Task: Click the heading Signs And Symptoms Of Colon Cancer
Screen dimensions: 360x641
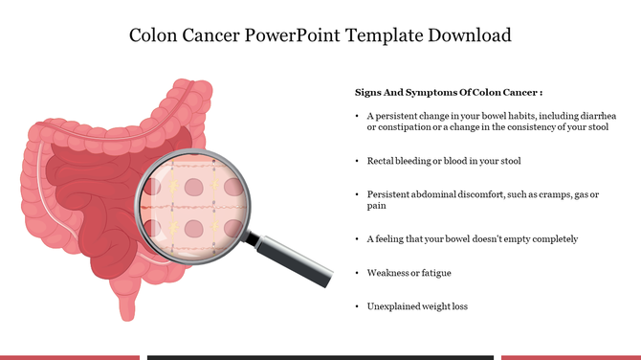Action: click(x=449, y=93)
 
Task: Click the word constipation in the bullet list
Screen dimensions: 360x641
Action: click(x=402, y=126)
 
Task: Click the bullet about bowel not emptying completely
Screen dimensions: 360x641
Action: click(x=472, y=238)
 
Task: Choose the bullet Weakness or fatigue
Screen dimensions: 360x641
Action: click(x=409, y=273)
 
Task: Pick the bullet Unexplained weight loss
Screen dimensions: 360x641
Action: click(x=417, y=306)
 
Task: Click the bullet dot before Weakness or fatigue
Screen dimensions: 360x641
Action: click(x=356, y=273)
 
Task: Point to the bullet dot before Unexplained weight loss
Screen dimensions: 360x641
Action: click(x=356, y=306)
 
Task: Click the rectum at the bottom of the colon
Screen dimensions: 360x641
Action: click(x=127, y=304)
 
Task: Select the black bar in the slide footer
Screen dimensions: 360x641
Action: click(x=320, y=357)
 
